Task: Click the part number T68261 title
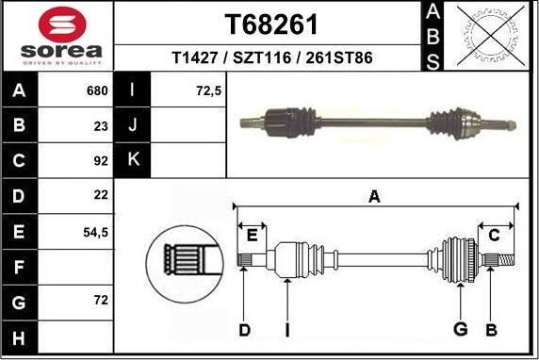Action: pyautogui.click(x=270, y=25)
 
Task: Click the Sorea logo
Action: pyautogui.click(x=59, y=36)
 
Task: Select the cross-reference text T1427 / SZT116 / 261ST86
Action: pyautogui.click(x=271, y=58)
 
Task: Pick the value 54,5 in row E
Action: pyautogui.click(x=95, y=231)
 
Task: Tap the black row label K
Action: pyautogui.click(x=133, y=161)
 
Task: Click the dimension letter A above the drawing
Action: pyautogui.click(x=374, y=197)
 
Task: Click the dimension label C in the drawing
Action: pyautogui.click(x=493, y=235)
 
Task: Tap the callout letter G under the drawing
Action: pyautogui.click(x=460, y=329)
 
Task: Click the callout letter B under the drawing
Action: pyautogui.click(x=490, y=329)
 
